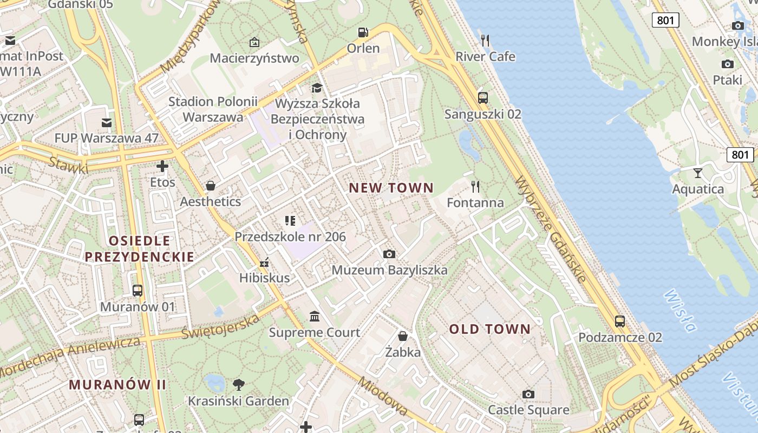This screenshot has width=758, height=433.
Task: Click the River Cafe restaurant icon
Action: pyautogui.click(x=485, y=40)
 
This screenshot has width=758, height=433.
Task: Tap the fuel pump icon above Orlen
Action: pyautogui.click(x=363, y=32)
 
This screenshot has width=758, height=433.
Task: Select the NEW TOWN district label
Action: pyautogui.click(x=391, y=188)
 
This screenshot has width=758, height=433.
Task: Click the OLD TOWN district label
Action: pyautogui.click(x=490, y=329)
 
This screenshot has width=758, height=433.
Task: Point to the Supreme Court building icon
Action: pyautogui.click(x=315, y=316)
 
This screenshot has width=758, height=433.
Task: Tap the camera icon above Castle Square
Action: pyautogui.click(x=528, y=394)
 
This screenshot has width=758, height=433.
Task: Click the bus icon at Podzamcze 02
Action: pyautogui.click(x=620, y=321)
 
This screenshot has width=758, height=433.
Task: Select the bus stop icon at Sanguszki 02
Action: pyautogui.click(x=483, y=98)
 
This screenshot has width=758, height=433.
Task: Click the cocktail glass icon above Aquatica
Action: pyautogui.click(x=697, y=173)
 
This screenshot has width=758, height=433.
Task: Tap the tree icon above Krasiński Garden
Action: pyautogui.click(x=238, y=385)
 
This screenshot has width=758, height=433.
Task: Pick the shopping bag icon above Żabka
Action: pyautogui.click(x=403, y=336)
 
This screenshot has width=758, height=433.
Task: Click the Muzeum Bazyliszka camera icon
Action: pyautogui.click(x=389, y=254)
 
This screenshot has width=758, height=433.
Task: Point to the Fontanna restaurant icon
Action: pyautogui.click(x=475, y=187)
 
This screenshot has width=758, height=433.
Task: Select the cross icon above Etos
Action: pyautogui.click(x=162, y=166)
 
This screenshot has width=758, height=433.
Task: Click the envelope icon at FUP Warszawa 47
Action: pyautogui.click(x=107, y=123)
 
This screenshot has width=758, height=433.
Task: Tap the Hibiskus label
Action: pyautogui.click(x=265, y=278)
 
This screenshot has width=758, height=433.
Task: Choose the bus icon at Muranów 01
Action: pyautogui.click(x=138, y=291)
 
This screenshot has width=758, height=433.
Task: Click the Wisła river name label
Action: pyautogui.click(x=679, y=310)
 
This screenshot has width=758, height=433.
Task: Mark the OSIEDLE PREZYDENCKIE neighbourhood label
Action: pyautogui.click(x=140, y=248)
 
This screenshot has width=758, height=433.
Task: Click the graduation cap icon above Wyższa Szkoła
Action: pyautogui.click(x=317, y=88)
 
